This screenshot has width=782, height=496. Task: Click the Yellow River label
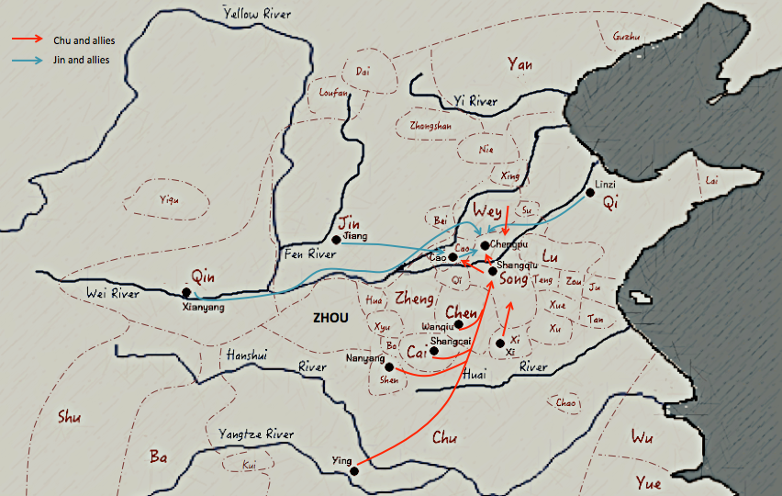258,13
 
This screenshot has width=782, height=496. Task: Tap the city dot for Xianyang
187,293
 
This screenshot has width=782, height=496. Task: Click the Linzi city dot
590,193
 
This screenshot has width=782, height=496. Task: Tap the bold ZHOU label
330,317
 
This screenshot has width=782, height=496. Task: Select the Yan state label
519,63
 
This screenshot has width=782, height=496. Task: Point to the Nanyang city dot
389,366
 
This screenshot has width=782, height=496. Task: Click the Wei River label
114,294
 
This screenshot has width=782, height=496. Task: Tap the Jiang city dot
337,240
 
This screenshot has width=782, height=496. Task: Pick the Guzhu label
625,37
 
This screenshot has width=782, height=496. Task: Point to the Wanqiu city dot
459,324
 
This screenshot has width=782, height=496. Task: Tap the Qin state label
203,276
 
